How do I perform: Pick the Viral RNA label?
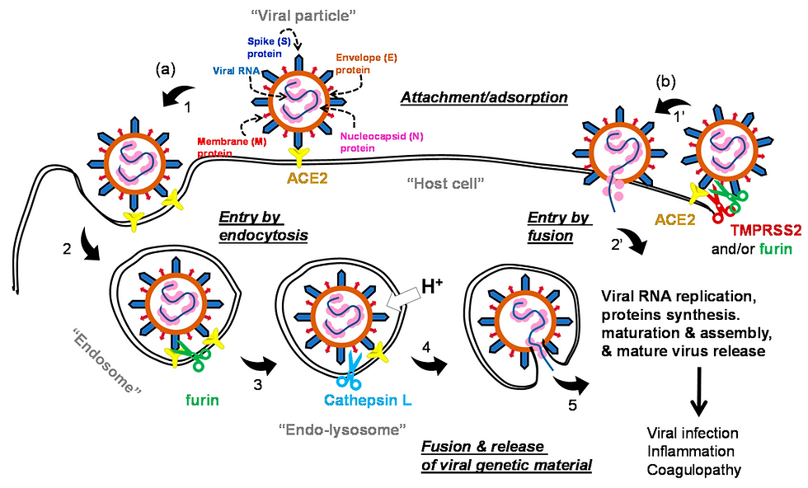(x=232, y=72)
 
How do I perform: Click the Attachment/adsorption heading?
(x=484, y=98)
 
